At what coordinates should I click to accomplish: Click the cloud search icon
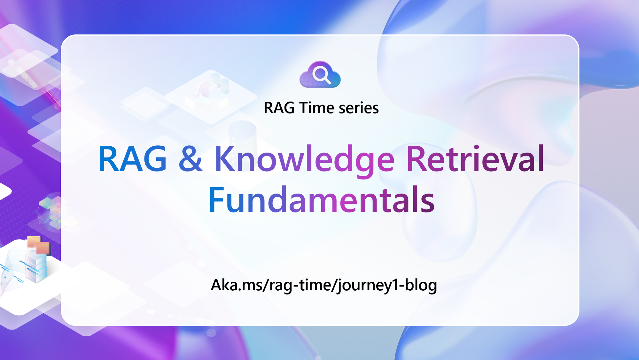(x=320, y=75)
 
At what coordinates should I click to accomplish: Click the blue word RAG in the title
(x=132, y=159)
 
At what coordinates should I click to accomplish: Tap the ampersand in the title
(x=191, y=159)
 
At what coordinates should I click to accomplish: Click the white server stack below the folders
(x=36, y=267)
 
